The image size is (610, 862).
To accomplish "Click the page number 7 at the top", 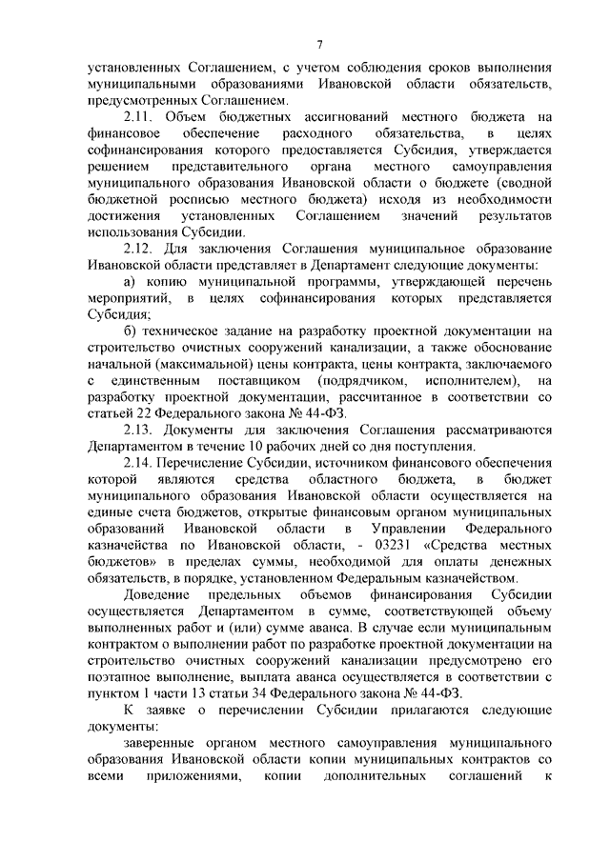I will (x=319, y=43).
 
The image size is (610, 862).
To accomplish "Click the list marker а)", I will (x=131, y=282).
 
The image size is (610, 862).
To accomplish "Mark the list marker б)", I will (x=131, y=331).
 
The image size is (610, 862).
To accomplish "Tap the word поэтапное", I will (x=121, y=677).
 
